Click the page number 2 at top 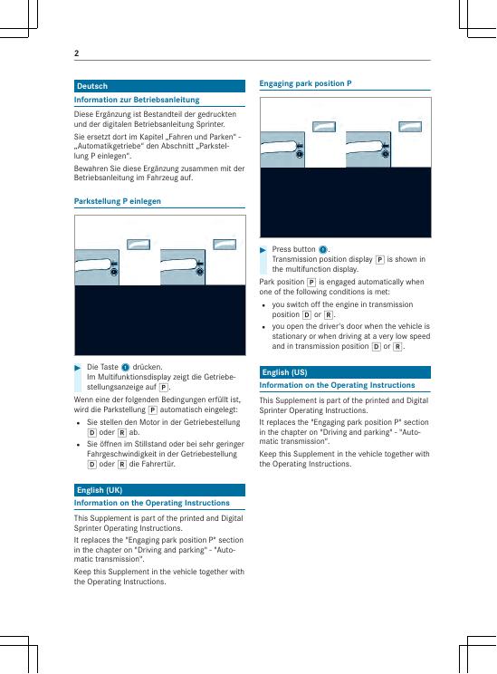[76, 53]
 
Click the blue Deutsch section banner [159, 86]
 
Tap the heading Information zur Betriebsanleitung [137, 100]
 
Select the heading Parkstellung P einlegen [118, 201]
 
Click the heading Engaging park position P [305, 83]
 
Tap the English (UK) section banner [159, 490]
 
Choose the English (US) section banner [345, 372]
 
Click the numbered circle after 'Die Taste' [126, 367]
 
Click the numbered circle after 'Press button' [323, 249]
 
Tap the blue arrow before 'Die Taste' [78, 368]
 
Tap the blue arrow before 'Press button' [263, 250]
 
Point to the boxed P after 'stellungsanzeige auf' [163, 388]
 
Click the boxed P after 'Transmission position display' [379, 260]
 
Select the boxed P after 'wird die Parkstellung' [152, 410]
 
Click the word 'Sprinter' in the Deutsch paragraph [212, 124]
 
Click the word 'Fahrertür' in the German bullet [158, 464]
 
